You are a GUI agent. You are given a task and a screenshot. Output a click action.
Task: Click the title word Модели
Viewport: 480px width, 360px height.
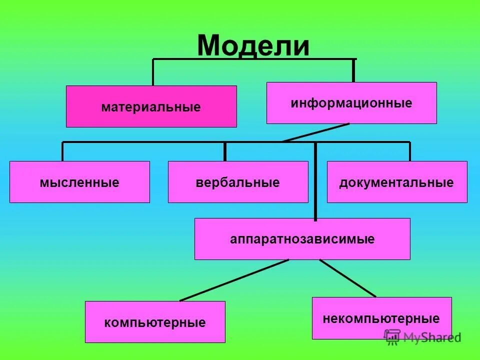coord(253,45)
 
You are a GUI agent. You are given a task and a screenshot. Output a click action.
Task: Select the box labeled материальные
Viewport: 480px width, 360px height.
coord(151,106)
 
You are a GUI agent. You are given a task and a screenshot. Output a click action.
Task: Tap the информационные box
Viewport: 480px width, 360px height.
coord(351,103)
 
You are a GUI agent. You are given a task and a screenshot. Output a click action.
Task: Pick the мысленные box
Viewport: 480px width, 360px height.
coord(79,182)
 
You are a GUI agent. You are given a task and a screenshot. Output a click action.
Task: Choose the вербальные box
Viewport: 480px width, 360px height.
coord(238,182)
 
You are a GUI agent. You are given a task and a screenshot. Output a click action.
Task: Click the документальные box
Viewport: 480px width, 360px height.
coord(397,182)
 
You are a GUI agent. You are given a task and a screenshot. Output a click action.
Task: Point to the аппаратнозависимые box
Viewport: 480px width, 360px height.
coord(302,239)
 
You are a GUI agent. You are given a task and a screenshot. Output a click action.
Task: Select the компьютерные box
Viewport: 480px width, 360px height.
coord(155,322)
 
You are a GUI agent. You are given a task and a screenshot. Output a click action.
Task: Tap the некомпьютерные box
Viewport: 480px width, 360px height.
coord(381,318)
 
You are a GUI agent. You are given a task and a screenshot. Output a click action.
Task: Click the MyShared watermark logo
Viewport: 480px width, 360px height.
coord(422,337)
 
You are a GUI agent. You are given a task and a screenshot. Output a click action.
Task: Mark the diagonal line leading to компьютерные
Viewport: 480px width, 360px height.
coord(234,280)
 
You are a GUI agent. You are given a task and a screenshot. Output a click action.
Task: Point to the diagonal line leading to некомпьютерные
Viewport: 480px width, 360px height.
coord(347,277)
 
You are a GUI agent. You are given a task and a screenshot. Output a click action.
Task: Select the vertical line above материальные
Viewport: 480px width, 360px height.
coord(153,72)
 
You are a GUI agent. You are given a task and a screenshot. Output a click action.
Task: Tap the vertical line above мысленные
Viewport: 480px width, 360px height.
coord(62,151)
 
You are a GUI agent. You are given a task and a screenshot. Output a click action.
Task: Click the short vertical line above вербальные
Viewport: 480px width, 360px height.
coord(225,151)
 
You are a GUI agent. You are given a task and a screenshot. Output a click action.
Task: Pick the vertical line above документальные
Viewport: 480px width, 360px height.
coord(409,151)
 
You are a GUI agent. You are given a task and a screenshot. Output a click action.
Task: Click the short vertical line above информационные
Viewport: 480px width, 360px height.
coord(353,70)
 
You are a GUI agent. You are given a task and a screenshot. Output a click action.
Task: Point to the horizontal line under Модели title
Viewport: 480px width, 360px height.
coord(253,59)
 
